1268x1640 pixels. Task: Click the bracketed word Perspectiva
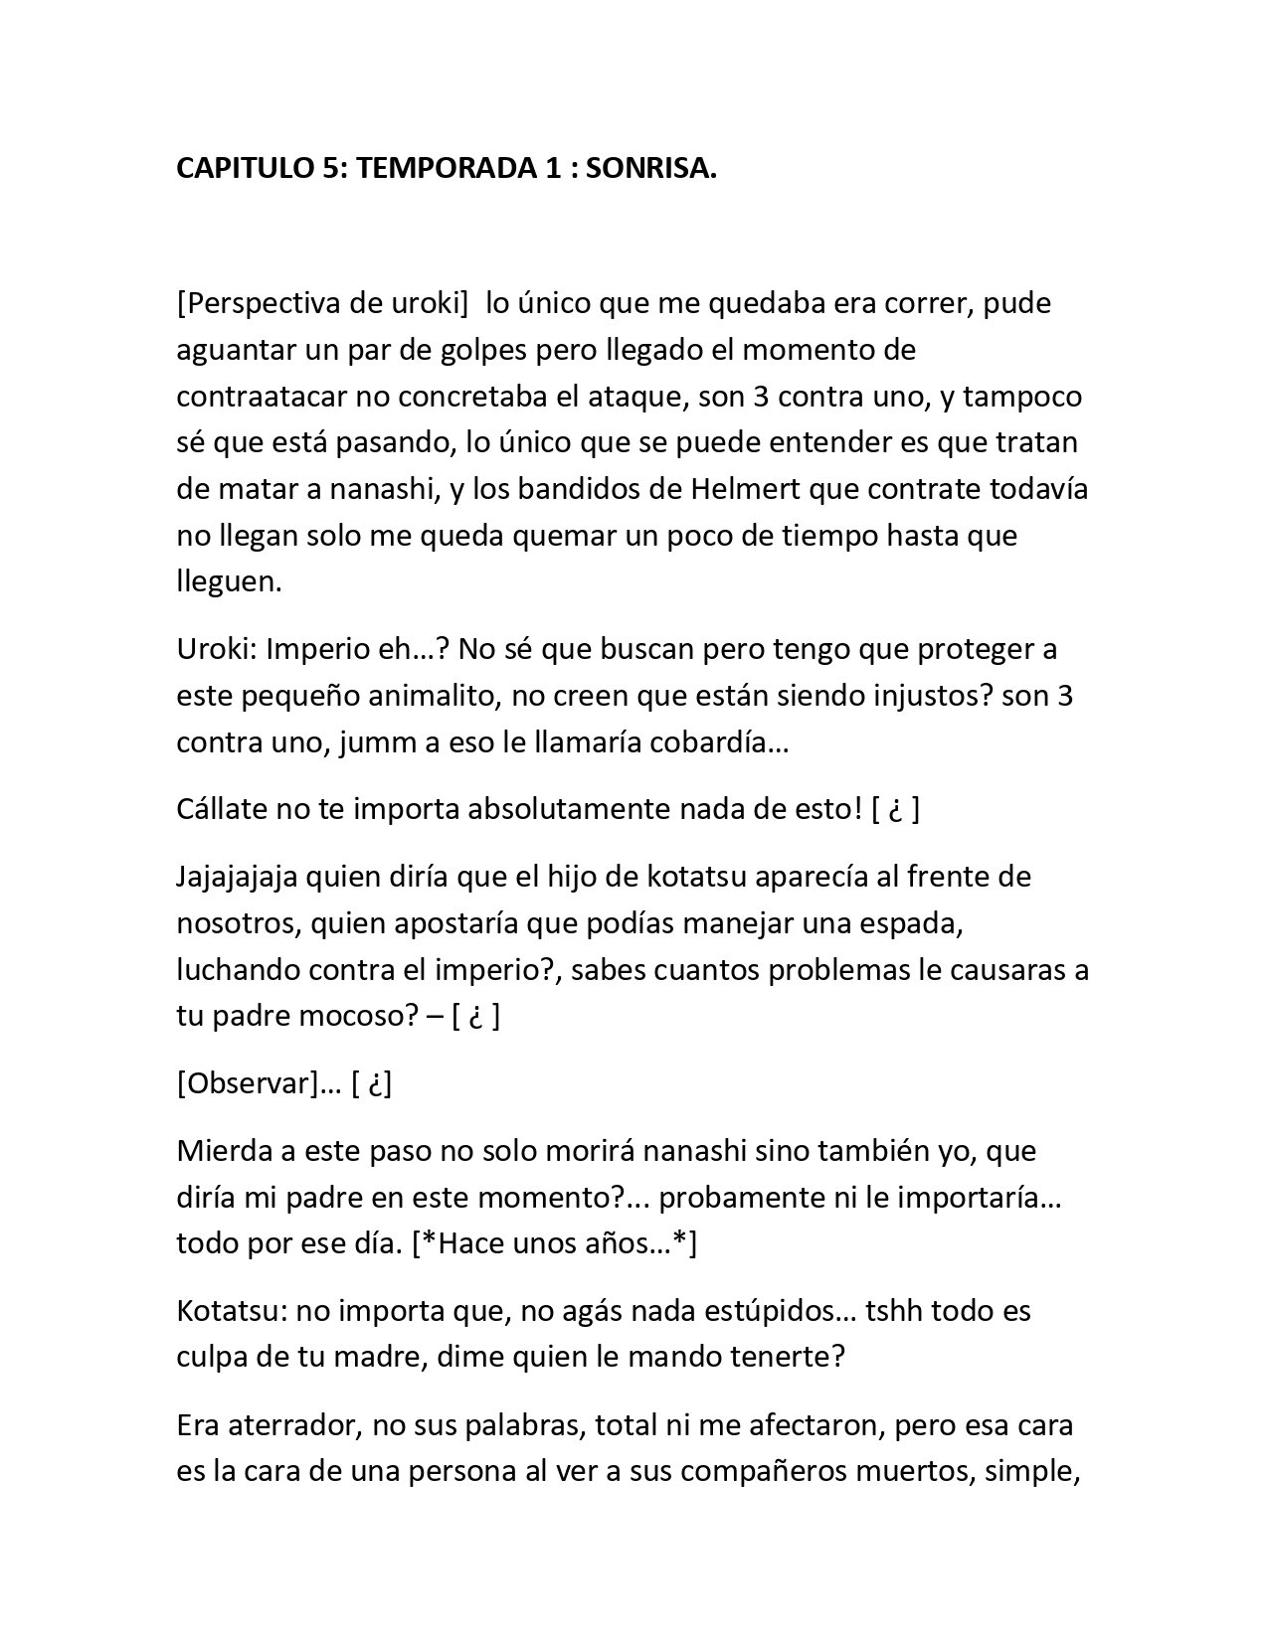[x=264, y=304]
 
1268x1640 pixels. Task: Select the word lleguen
[x=229, y=582]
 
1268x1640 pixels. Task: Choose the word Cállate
[x=223, y=809]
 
